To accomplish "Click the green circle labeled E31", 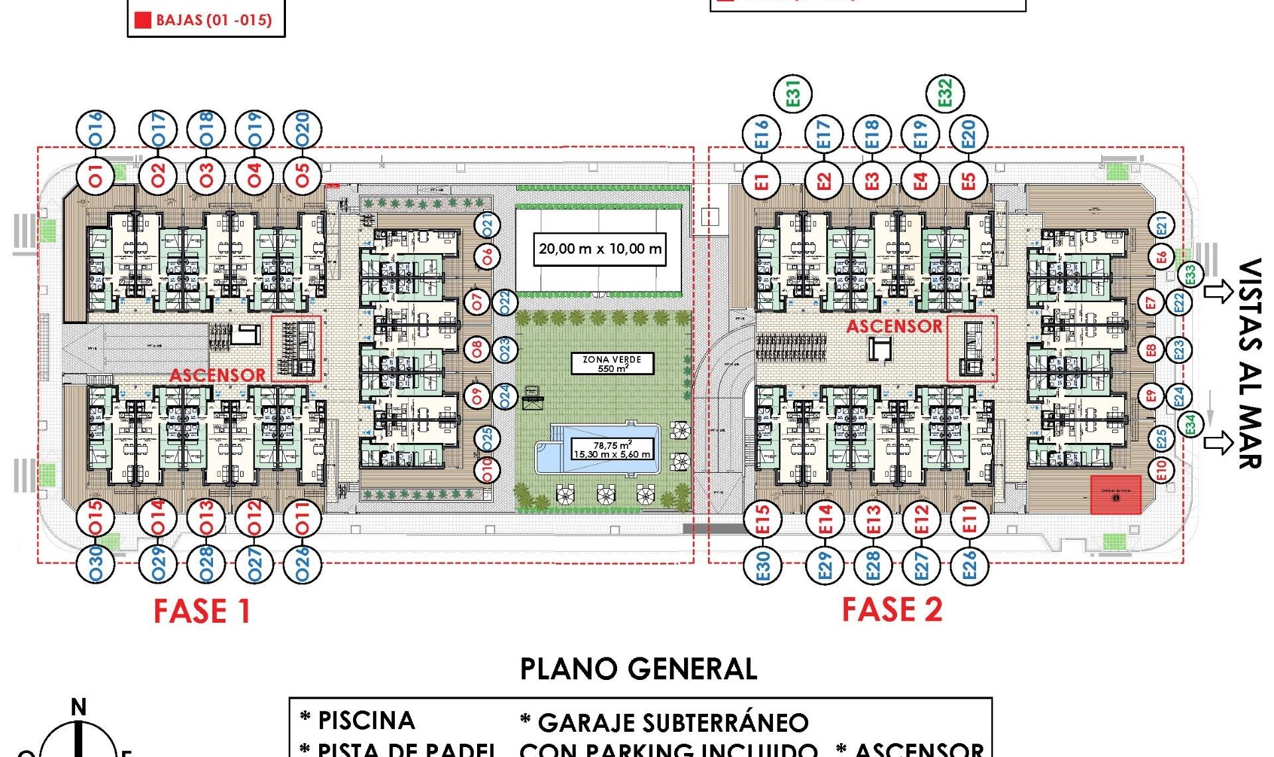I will click(793, 94).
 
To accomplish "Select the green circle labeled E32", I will click(945, 93).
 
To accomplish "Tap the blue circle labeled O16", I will click(96, 129).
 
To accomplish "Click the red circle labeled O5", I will click(303, 176).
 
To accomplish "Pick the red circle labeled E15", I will click(762, 519).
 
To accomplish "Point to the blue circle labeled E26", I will click(969, 565).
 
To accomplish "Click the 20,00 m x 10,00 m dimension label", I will click(599, 249).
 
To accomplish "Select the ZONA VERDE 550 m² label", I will click(612, 363).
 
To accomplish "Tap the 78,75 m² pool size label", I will click(612, 450).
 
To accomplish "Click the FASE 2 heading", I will click(892, 610).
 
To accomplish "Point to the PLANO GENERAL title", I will click(638, 669).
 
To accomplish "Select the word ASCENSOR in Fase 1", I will click(217, 375).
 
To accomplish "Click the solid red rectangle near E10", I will click(1115, 495).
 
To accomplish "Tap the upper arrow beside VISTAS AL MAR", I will click(1218, 292).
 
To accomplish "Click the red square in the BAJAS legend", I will click(143, 20).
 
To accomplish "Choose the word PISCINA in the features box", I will click(366, 720).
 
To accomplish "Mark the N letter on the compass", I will click(78, 707).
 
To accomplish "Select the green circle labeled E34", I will click(1190, 424).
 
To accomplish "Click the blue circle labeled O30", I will click(96, 564).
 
